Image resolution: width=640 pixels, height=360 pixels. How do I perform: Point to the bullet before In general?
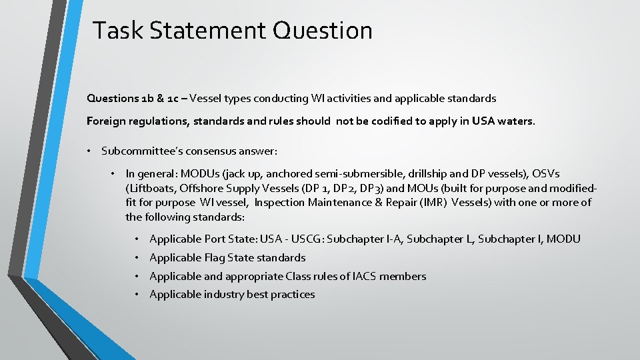[x=113, y=173]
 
